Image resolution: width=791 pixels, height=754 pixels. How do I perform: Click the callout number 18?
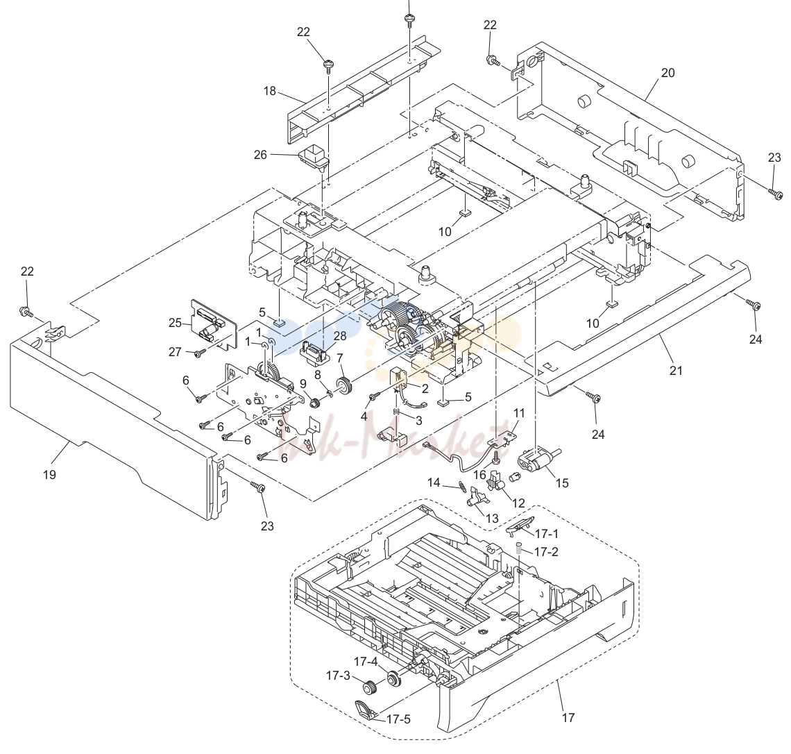(270, 92)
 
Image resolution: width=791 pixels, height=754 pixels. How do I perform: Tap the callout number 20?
(667, 73)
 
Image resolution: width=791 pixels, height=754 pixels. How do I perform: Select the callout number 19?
(49, 475)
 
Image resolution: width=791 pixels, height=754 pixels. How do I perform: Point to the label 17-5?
(398, 719)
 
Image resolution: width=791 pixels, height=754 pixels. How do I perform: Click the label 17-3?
(338, 676)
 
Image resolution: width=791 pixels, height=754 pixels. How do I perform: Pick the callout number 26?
(260, 155)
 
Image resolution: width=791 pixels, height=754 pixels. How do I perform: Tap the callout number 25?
(175, 322)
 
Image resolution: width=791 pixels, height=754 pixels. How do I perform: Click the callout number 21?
(676, 371)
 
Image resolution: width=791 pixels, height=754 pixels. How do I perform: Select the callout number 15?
(562, 483)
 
